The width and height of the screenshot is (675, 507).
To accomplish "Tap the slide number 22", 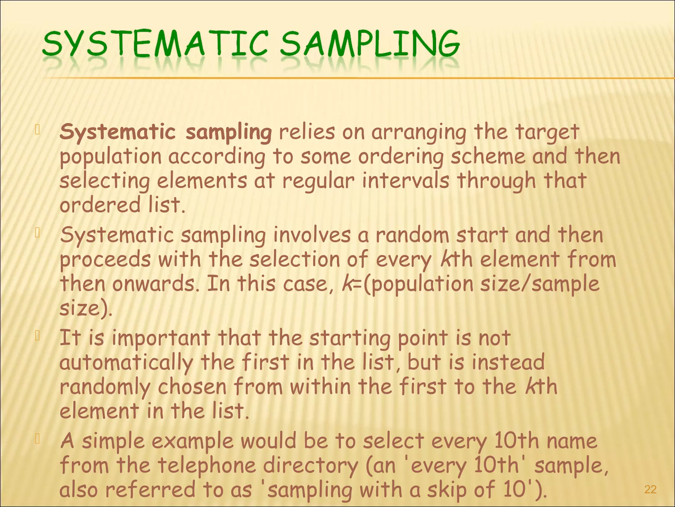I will (650, 489).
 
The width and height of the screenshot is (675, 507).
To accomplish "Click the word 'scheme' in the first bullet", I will (488, 156).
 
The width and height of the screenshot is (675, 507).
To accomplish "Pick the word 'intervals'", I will (405, 181).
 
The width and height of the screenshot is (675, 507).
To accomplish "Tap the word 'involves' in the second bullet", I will (312, 235).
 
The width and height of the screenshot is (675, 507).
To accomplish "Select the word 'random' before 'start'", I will (412, 235).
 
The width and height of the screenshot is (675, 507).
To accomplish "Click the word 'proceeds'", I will (105, 260).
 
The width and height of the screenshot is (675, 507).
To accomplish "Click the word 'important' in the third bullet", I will (161, 339).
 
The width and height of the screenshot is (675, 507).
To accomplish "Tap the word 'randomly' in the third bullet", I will (105, 387).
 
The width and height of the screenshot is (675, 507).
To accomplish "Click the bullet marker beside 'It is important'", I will (38, 336).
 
